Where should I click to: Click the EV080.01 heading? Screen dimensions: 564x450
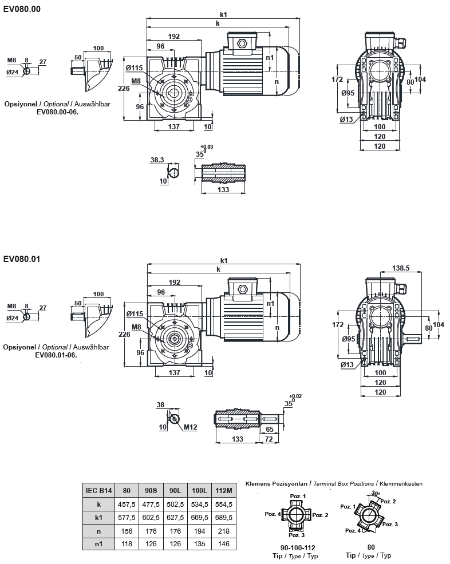click(22, 259)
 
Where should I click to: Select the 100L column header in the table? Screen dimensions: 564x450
click(200, 490)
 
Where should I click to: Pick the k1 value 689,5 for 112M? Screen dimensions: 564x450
click(223, 518)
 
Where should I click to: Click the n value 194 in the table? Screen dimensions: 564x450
click(200, 531)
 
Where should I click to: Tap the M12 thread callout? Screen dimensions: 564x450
click(191, 427)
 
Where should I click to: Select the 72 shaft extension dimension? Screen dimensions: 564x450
click(269, 439)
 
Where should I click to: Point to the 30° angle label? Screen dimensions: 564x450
click(376, 492)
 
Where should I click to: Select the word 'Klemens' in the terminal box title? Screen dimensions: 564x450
click(258, 483)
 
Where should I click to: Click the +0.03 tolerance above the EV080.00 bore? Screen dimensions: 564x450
click(207, 147)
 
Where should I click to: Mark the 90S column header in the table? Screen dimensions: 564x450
click(151, 490)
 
